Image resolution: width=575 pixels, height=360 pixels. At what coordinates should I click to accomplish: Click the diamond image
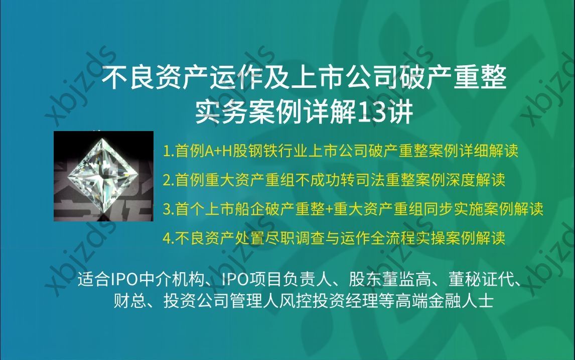(x=103, y=176)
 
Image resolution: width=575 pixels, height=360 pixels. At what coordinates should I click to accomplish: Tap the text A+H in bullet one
(x=216, y=151)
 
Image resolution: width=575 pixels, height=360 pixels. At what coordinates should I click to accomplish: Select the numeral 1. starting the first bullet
(x=168, y=151)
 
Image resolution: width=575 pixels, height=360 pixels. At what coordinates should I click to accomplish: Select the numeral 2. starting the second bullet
(x=168, y=180)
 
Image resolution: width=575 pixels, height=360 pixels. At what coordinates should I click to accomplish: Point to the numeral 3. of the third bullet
(x=168, y=209)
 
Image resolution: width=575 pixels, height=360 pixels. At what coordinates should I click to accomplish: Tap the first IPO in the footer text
(x=120, y=280)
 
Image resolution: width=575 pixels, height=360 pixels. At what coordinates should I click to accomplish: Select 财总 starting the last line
(x=126, y=301)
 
